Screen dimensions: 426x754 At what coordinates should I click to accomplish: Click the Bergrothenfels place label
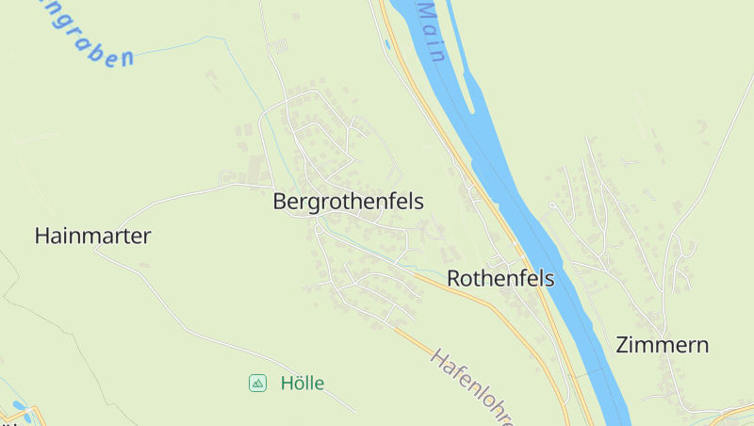pyautogui.click(x=348, y=202)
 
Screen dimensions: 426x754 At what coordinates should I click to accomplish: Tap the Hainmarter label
pyautogui.click(x=92, y=237)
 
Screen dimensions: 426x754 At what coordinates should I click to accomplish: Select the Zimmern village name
pyautogui.click(x=662, y=345)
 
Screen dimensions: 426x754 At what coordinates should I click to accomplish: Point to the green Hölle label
pyautogui.click(x=303, y=384)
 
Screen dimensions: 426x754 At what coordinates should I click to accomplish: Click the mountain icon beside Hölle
pyautogui.click(x=256, y=384)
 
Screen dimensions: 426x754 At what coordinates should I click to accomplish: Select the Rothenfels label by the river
pyautogui.click(x=500, y=279)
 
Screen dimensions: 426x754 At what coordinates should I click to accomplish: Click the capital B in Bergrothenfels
pyautogui.click(x=279, y=202)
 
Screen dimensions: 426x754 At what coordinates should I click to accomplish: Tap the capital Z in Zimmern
pyautogui.click(x=623, y=345)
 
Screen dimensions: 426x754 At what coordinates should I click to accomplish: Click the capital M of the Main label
pyautogui.click(x=421, y=11)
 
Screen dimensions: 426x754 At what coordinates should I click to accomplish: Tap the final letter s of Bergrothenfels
pyautogui.click(x=419, y=202)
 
